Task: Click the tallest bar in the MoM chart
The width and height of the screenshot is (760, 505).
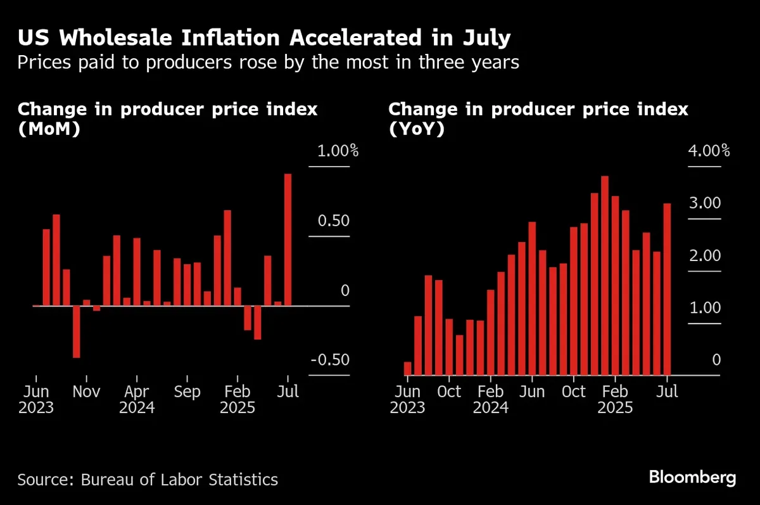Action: click(288, 240)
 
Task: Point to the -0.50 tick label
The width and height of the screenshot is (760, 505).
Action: click(329, 361)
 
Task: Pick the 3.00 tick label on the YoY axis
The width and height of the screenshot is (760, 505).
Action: click(704, 204)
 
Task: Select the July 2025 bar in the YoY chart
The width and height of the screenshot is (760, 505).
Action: click(667, 289)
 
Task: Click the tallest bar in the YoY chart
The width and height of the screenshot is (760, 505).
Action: click(605, 276)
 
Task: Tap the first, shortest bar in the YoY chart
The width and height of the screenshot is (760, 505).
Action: click(408, 368)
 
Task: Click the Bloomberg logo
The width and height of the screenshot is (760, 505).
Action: click(693, 477)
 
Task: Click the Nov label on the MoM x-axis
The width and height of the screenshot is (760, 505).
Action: click(86, 392)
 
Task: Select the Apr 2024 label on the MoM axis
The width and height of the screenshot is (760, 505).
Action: click(137, 399)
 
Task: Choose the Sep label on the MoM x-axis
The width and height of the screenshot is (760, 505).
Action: click(187, 392)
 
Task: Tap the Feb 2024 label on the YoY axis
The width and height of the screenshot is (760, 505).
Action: click(490, 399)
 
